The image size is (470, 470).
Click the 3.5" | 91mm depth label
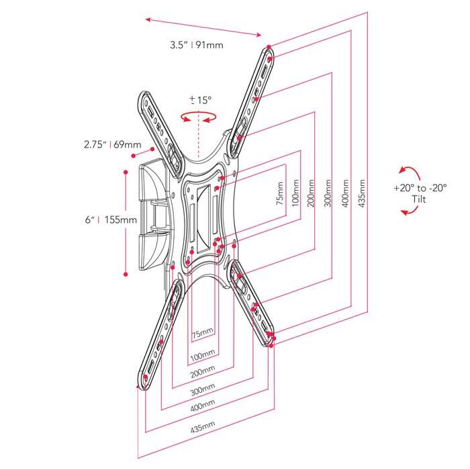[x=196, y=46]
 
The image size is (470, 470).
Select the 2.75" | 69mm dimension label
[x=112, y=144]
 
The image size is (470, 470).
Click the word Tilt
[x=420, y=199]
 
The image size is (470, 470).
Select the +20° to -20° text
[x=420, y=189]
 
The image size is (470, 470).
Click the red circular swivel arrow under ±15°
[x=199, y=117]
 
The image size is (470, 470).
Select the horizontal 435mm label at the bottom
[x=203, y=426]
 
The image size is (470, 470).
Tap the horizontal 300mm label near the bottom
[x=203, y=389]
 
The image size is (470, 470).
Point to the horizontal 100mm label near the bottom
[x=203, y=353]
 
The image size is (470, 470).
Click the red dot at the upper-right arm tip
[x=269, y=48]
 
